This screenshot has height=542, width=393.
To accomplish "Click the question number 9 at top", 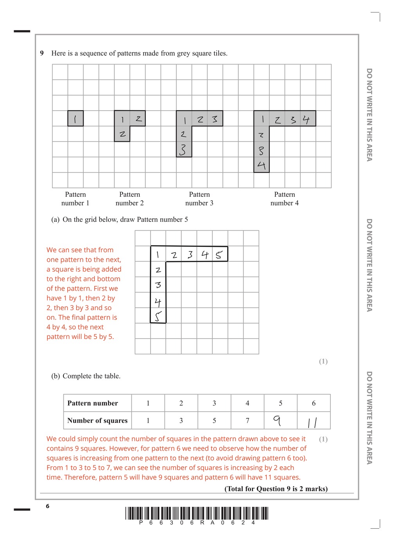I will click(x=42, y=53).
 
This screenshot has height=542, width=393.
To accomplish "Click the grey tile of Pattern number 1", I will click(x=75, y=118).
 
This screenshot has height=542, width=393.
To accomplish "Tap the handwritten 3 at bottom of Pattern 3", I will click(x=183, y=150).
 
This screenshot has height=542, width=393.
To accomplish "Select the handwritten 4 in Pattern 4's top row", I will click(x=306, y=119).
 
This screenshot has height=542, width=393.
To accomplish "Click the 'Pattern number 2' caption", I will click(x=129, y=199).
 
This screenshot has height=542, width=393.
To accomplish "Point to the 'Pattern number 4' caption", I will click(x=284, y=199).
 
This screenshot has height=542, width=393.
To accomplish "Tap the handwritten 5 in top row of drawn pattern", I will click(x=219, y=255).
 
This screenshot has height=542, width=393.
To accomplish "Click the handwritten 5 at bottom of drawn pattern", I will click(x=158, y=316).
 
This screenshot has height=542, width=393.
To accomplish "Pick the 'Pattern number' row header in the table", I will click(x=93, y=403).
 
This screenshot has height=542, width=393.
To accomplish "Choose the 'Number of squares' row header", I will click(x=97, y=421).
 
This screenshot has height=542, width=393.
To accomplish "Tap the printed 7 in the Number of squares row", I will click(x=247, y=421).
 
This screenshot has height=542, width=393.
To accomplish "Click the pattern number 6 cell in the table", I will click(x=314, y=403).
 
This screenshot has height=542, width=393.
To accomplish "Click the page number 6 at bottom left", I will click(x=48, y=506).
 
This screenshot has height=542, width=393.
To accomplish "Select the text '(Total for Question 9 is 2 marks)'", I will click(x=276, y=489).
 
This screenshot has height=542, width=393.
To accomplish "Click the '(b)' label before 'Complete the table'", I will click(x=56, y=376).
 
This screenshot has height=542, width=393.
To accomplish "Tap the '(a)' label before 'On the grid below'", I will click(x=56, y=219).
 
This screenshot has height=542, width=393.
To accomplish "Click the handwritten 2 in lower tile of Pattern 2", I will click(x=122, y=134).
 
